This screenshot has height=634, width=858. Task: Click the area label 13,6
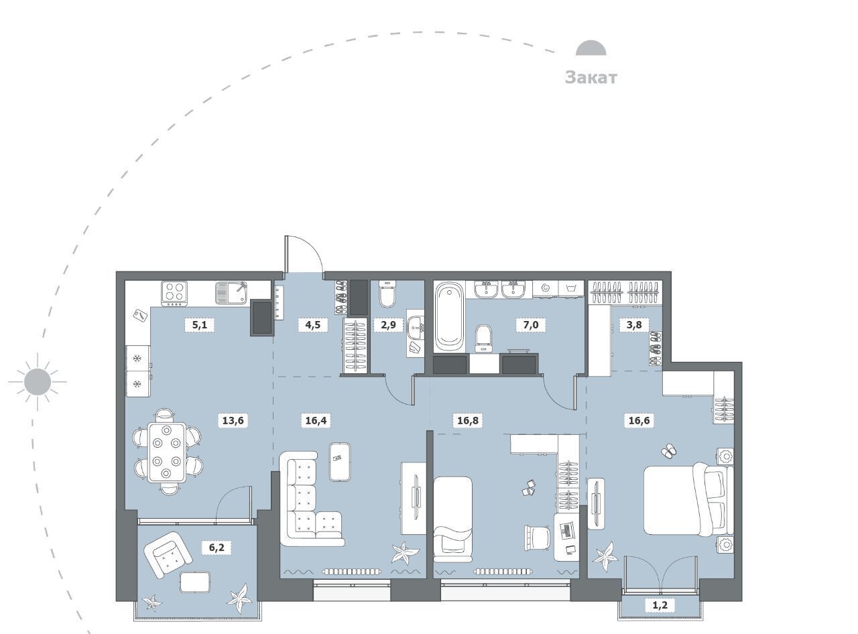click(233, 420)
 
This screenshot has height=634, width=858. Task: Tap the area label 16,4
click(316, 420)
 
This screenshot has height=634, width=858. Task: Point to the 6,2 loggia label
click(217, 548)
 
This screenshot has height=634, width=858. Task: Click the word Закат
click(591, 77)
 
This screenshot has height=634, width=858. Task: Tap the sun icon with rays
click(38, 382)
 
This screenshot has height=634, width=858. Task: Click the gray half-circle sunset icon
click(591, 48)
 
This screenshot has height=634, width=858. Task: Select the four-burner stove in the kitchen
click(174, 294)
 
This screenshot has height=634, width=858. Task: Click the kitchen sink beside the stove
click(232, 293)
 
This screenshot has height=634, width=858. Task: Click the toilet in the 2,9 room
click(387, 294)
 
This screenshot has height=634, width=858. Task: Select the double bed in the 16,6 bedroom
click(688, 499)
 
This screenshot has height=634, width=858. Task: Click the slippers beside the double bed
click(669, 451)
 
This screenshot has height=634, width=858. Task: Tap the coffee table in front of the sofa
click(340, 462)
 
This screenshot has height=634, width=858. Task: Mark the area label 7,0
click(531, 324)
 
